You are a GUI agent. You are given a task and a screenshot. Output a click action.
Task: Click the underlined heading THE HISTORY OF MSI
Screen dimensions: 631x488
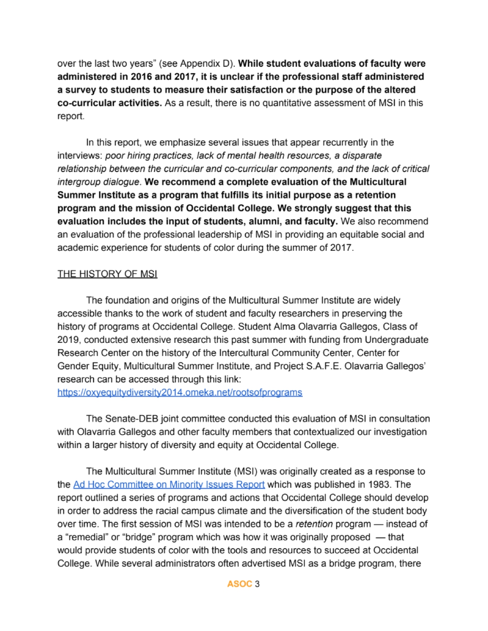tap(107, 274)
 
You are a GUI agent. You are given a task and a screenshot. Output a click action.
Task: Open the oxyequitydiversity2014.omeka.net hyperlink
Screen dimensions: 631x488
tap(180, 392)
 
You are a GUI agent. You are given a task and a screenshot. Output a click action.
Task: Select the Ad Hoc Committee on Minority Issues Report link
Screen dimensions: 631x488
tap(169, 485)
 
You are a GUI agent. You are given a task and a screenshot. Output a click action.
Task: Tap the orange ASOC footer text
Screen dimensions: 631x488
tap(239, 584)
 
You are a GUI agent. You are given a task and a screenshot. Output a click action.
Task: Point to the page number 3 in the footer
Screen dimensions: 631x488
tap(257, 584)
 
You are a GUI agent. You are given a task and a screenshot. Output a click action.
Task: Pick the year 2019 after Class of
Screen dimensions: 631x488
tap(67, 340)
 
